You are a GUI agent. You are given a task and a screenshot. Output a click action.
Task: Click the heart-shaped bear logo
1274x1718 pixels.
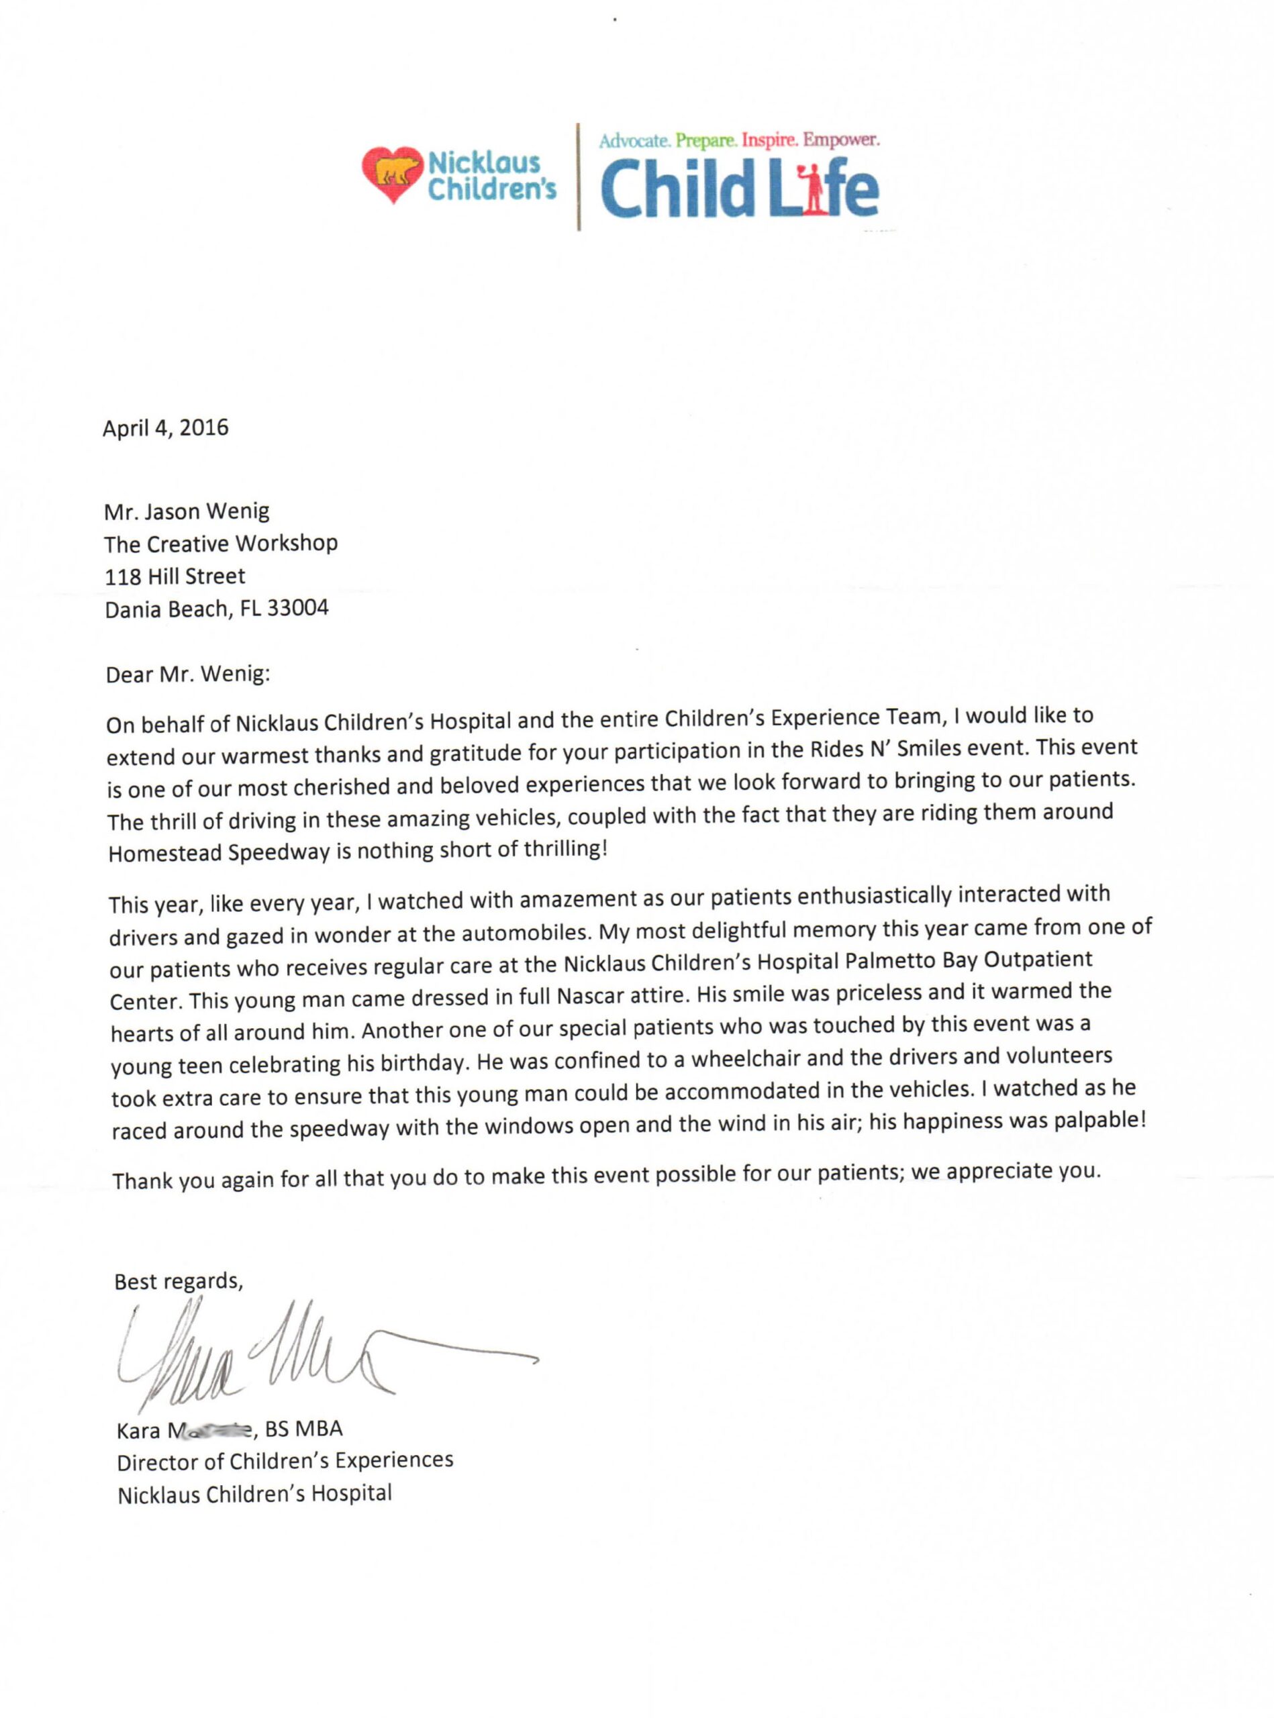point(393,174)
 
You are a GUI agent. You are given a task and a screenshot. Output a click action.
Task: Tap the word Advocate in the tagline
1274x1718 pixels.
point(635,141)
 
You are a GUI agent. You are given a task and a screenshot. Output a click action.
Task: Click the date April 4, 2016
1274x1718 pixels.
point(166,428)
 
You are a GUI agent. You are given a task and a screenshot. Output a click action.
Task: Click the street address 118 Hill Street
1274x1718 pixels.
point(175,576)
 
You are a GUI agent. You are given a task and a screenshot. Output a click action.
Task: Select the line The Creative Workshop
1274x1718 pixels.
point(222,544)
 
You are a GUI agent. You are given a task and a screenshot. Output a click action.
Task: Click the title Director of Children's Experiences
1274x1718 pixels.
point(285,1460)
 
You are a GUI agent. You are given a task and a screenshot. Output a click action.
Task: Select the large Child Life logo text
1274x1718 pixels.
point(739,188)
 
